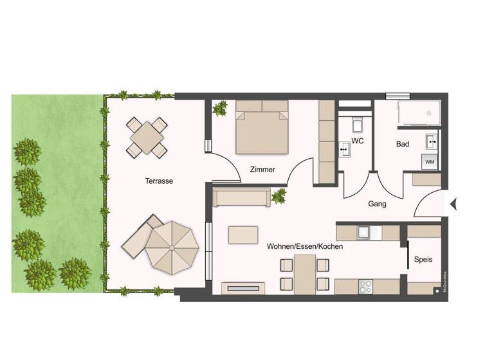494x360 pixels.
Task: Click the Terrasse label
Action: point(159,181)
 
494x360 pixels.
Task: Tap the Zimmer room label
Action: point(262,170)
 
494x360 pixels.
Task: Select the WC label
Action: point(358,141)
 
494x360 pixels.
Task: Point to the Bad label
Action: point(403,144)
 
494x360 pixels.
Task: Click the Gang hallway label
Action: point(377,203)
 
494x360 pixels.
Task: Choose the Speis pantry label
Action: point(423,260)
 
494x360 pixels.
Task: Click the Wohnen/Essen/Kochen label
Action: point(305,246)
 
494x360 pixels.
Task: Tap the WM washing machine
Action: point(429,161)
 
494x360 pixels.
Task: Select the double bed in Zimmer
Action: point(261,127)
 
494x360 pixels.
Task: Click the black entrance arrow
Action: point(453,205)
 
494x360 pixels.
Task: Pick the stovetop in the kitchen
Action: point(366,285)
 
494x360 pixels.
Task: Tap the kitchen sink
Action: point(363,231)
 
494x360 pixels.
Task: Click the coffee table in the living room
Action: point(243,234)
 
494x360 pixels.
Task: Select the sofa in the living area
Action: point(241,197)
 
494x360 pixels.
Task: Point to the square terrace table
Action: point(147,136)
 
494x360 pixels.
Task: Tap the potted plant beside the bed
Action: point(221,107)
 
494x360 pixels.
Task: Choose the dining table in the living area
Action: point(305,274)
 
